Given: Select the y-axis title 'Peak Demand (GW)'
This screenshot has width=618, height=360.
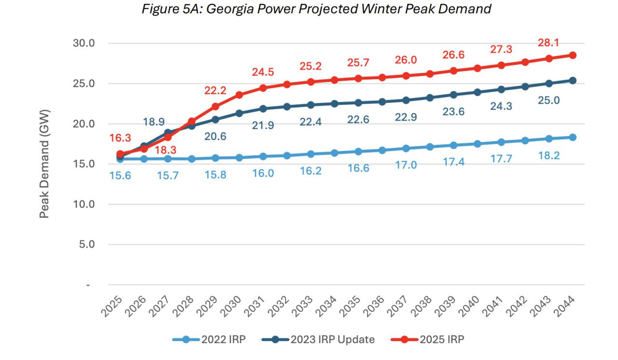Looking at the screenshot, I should [44, 164].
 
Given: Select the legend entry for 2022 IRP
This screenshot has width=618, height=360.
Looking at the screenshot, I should [210, 340].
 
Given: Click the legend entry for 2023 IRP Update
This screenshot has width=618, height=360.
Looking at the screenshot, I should [319, 340].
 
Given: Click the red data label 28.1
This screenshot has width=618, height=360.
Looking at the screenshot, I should [548, 43].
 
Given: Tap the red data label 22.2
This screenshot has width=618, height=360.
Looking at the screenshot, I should [215, 90].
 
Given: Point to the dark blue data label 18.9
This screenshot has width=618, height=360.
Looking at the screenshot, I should [154, 122].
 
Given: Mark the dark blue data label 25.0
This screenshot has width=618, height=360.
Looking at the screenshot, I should [548, 100].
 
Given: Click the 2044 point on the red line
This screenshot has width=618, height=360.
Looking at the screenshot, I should [572, 55].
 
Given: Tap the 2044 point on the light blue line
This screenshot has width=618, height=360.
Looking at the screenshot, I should [572, 138].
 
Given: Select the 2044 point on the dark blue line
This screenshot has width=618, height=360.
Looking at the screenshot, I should [572, 81].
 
